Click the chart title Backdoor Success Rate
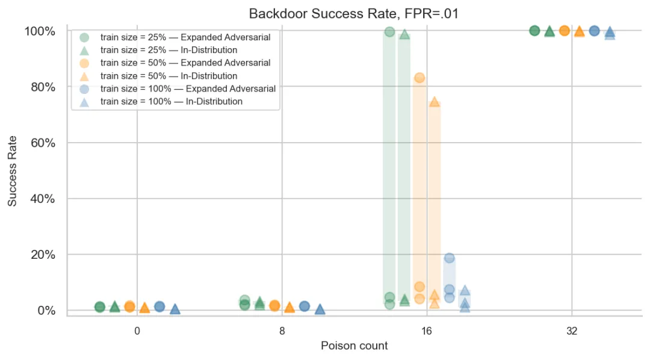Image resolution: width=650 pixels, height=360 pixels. (x=322, y=14)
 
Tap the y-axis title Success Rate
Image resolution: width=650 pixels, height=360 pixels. (x=12, y=171)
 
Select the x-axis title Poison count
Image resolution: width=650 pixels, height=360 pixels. (x=354, y=346)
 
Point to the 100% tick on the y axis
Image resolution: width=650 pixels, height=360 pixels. (x=40, y=31)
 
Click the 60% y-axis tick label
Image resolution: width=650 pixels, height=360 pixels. (x=43, y=143)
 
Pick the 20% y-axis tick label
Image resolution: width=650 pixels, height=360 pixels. (x=43, y=254)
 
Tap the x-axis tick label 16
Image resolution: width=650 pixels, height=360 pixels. (x=427, y=331)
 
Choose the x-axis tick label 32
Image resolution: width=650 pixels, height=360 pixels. (x=572, y=331)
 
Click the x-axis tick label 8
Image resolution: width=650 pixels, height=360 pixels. (x=282, y=331)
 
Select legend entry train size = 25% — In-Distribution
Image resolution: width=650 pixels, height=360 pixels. (x=169, y=50)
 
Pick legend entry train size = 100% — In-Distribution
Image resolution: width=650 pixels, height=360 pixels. (x=171, y=102)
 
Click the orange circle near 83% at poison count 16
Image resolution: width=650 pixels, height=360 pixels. (x=419, y=78)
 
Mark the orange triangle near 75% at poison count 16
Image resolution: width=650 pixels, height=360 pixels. (x=435, y=102)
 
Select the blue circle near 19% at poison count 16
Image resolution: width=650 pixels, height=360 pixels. (x=450, y=258)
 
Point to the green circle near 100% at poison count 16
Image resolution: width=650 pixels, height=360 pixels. (x=389, y=31)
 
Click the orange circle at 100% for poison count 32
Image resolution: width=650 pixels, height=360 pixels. (x=564, y=30)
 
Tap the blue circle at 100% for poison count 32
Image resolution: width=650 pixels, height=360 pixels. (x=595, y=31)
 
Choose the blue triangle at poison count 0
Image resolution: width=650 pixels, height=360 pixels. (x=175, y=309)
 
